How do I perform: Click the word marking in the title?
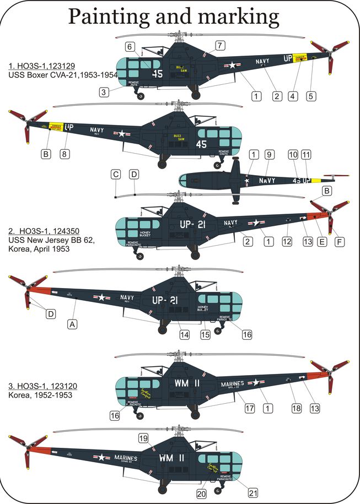244,18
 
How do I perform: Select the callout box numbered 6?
131,47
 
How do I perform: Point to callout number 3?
103,92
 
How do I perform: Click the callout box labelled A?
72,324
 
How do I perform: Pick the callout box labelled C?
116,175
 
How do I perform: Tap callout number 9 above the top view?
269,155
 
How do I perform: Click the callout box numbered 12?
286,241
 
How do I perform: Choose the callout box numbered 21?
238,492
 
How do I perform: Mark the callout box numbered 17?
250,408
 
